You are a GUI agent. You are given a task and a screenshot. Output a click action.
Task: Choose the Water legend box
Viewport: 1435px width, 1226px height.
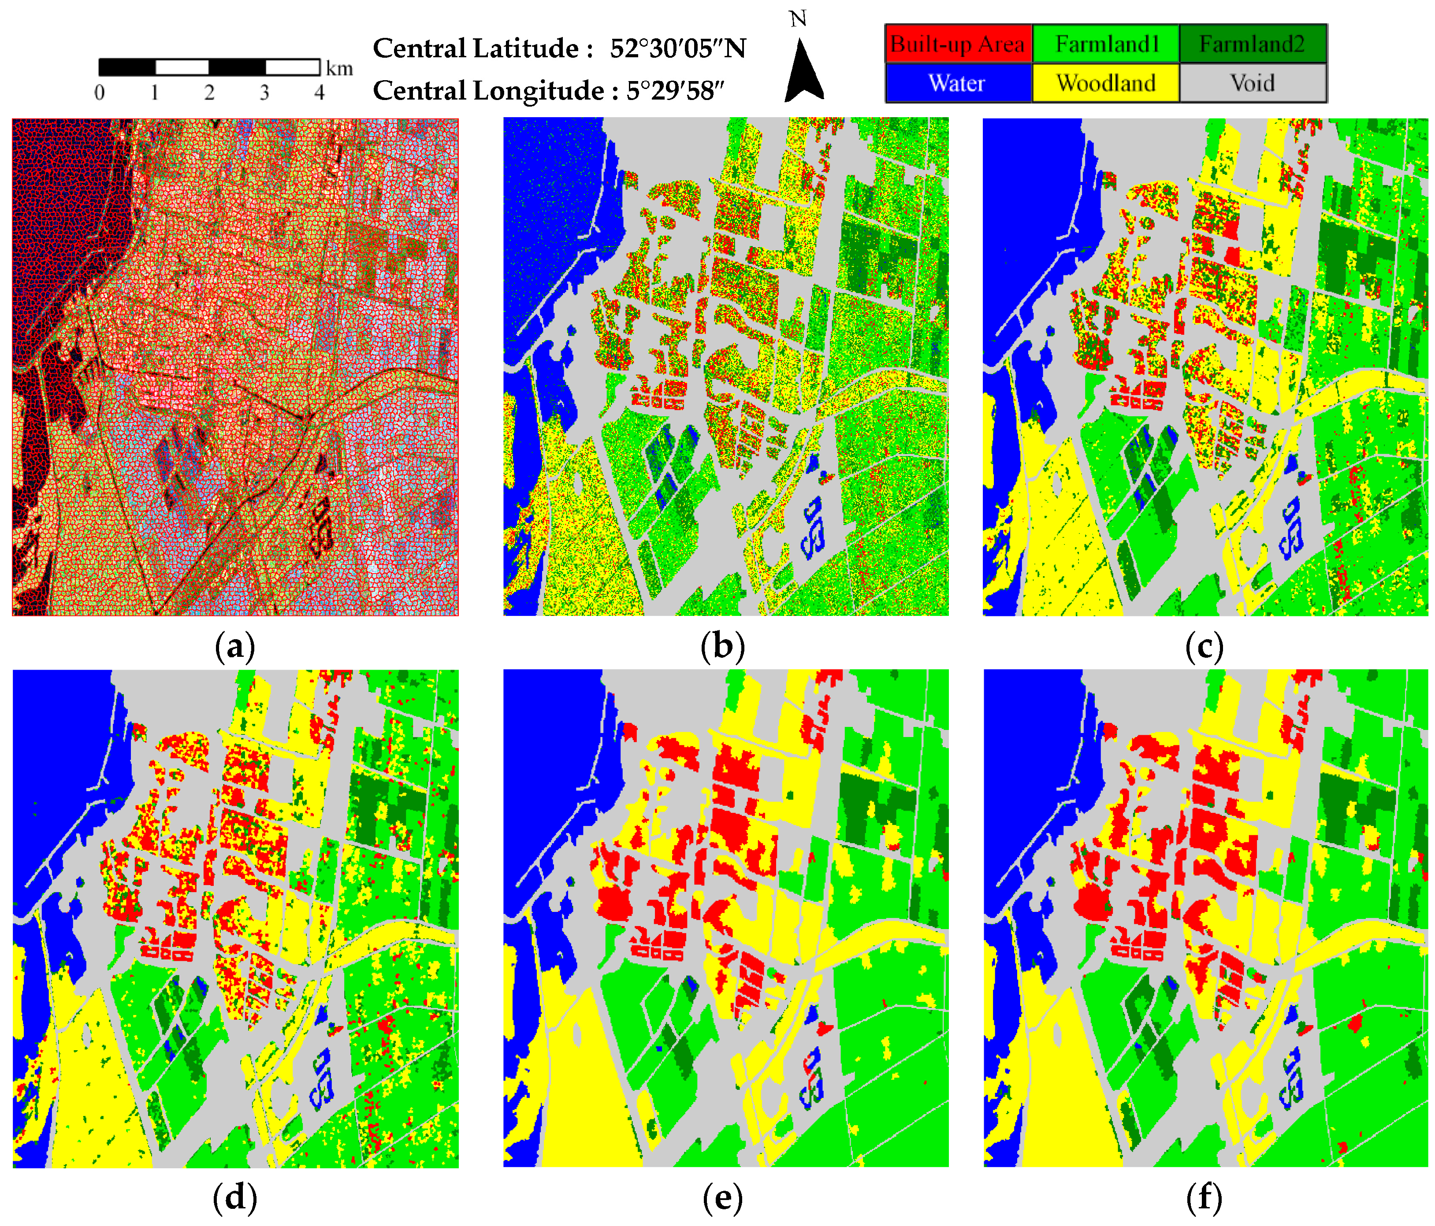pos(958,83)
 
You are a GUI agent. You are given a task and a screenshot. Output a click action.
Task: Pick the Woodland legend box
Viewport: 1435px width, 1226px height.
pos(1106,83)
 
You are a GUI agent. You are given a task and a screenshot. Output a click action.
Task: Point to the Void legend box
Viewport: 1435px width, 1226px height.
pos(1252,83)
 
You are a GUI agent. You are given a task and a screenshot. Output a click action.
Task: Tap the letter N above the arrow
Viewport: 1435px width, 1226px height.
pos(798,19)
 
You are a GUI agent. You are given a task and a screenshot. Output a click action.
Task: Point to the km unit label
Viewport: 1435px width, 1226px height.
pos(339,69)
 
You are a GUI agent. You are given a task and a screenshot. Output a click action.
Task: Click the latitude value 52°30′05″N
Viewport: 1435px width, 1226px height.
pos(677,48)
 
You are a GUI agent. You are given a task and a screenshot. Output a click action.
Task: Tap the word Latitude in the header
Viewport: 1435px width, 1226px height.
pos(526,48)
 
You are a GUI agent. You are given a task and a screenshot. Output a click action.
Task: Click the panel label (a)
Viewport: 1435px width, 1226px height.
pos(235,647)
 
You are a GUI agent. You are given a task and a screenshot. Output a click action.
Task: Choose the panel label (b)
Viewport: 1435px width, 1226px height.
pos(722,647)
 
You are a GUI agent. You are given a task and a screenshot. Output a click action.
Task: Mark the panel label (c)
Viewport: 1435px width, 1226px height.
pos(1205,647)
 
